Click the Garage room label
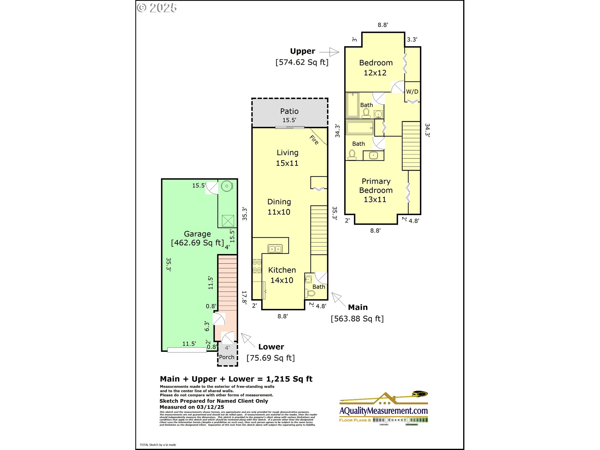coord(197,234)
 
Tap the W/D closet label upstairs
coord(412,92)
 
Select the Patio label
coord(289,111)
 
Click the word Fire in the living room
coord(314,140)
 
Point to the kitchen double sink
coord(275,249)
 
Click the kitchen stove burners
coord(257,266)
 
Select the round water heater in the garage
coord(227,186)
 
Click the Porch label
coord(227,357)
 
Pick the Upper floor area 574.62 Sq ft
coord(302,62)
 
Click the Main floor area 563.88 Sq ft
coord(357,318)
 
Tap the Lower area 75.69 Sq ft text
coord(271,358)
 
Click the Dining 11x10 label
coord(279,207)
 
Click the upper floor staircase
coord(411,146)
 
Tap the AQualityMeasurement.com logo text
coord(383,410)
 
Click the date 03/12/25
coord(210,407)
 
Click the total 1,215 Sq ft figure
coord(289,379)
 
